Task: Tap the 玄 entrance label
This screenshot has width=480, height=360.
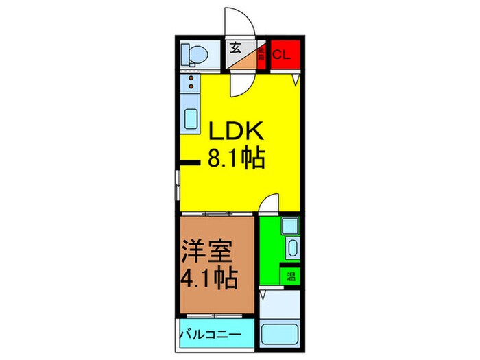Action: [x=236, y=48]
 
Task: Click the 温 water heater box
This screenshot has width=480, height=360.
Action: [x=291, y=276]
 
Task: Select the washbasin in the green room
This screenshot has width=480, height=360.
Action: [x=291, y=250]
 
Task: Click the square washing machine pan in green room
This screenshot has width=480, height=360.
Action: [x=289, y=226]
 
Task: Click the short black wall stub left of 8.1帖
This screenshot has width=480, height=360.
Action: [x=189, y=163]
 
